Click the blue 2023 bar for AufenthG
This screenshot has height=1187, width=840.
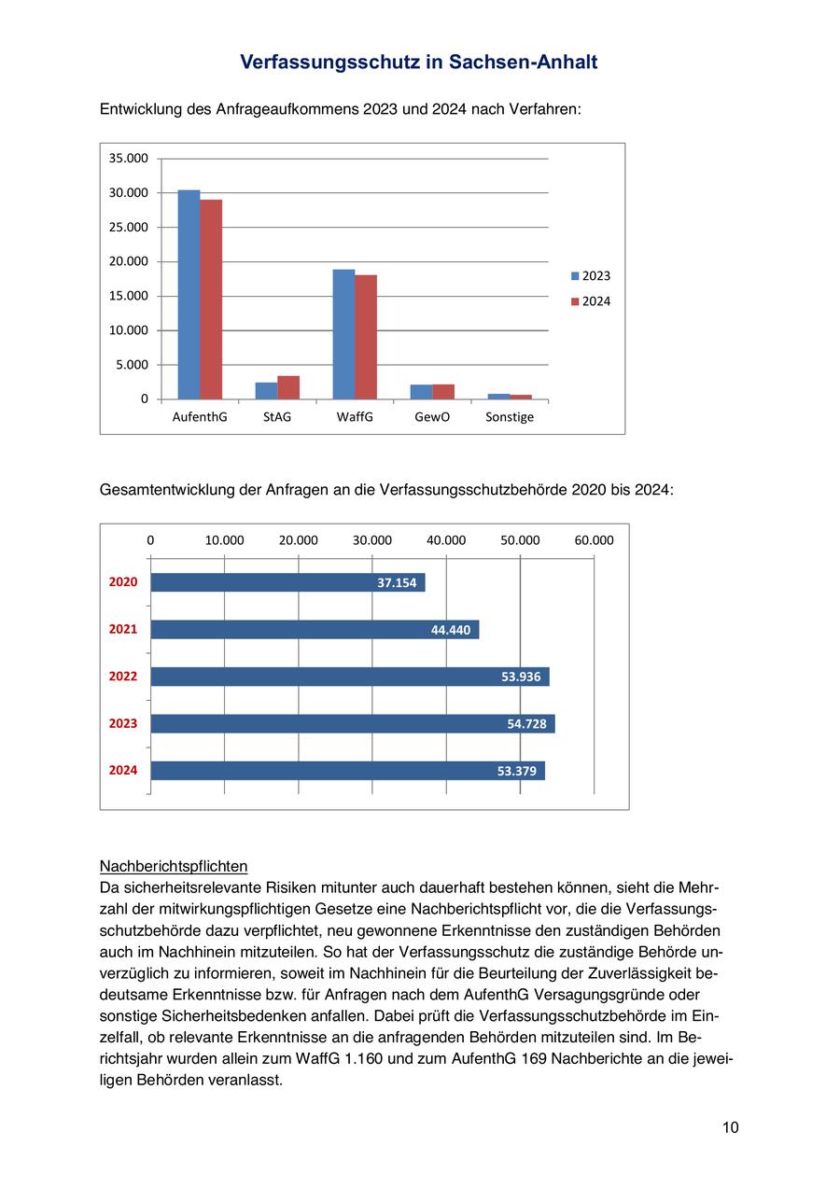point(189,295)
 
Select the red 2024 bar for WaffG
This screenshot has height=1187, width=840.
point(366,337)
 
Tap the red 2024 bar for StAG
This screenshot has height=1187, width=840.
point(288,387)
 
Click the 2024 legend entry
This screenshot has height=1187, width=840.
point(590,301)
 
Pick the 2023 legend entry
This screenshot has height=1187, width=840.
point(590,276)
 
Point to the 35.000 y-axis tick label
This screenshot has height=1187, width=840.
point(129,159)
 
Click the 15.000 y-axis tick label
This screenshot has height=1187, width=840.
point(129,296)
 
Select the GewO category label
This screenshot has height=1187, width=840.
point(432,417)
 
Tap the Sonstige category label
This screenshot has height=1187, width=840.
point(510,417)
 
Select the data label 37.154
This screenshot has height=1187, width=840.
point(397,583)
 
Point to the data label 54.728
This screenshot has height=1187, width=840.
point(526,724)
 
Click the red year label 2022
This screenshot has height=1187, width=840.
point(123,677)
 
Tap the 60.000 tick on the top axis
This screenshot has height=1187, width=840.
point(594,540)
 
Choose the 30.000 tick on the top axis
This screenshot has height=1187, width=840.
point(372,540)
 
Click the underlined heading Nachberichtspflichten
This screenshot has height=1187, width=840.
point(174,866)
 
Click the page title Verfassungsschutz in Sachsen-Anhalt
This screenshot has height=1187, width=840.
point(419,62)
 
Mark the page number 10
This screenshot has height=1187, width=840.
point(730,1127)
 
